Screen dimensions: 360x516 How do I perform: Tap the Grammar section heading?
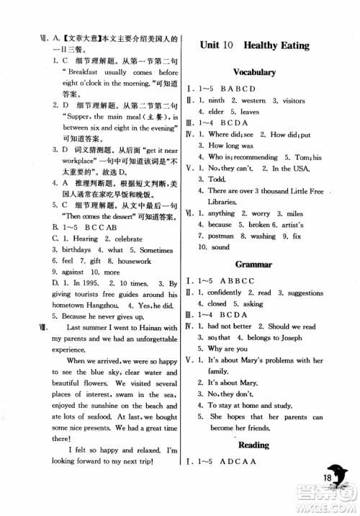[x=255, y=264]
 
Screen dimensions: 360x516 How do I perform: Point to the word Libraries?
[x=230, y=201]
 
